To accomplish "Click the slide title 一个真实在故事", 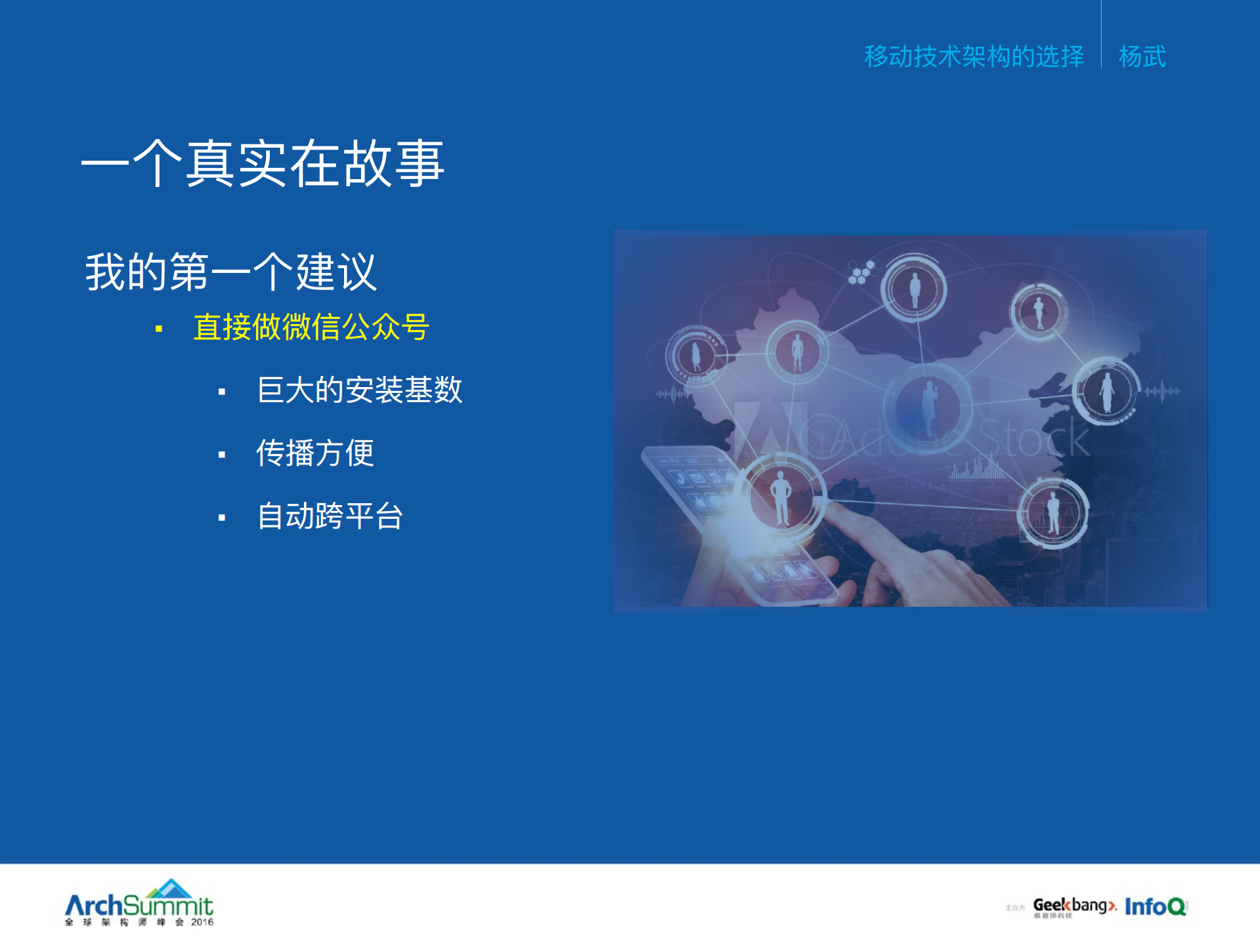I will point(263,163).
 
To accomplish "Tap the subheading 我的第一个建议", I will point(230,272).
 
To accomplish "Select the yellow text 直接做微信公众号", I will point(311,327).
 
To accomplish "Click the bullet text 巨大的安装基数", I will point(360,390).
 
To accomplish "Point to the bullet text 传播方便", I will point(315,453).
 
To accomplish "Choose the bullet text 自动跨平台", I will point(330,516).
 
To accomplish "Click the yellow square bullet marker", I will point(159,328).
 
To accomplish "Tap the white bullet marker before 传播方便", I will point(222,455).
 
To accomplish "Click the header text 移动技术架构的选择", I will point(974,56).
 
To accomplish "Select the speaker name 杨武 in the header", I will point(1142,56).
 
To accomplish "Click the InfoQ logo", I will point(1156,906).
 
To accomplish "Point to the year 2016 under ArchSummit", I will point(202,922).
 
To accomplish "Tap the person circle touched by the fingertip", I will point(781,497).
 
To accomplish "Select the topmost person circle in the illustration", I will point(914,288).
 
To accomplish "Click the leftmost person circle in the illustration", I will point(696,356).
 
